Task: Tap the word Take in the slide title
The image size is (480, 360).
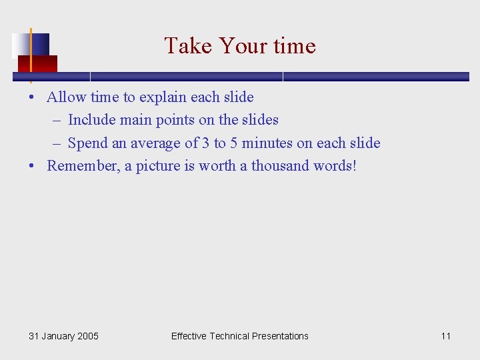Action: click(189, 46)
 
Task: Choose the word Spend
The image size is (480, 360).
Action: click(88, 143)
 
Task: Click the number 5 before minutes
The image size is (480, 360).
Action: click(234, 143)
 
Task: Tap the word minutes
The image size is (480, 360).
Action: click(267, 143)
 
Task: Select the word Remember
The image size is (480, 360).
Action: click(83, 166)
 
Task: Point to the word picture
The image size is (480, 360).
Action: click(159, 166)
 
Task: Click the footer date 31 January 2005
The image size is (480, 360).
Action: click(63, 336)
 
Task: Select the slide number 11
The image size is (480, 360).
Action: click(445, 336)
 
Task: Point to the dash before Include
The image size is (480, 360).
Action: click(56, 121)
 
